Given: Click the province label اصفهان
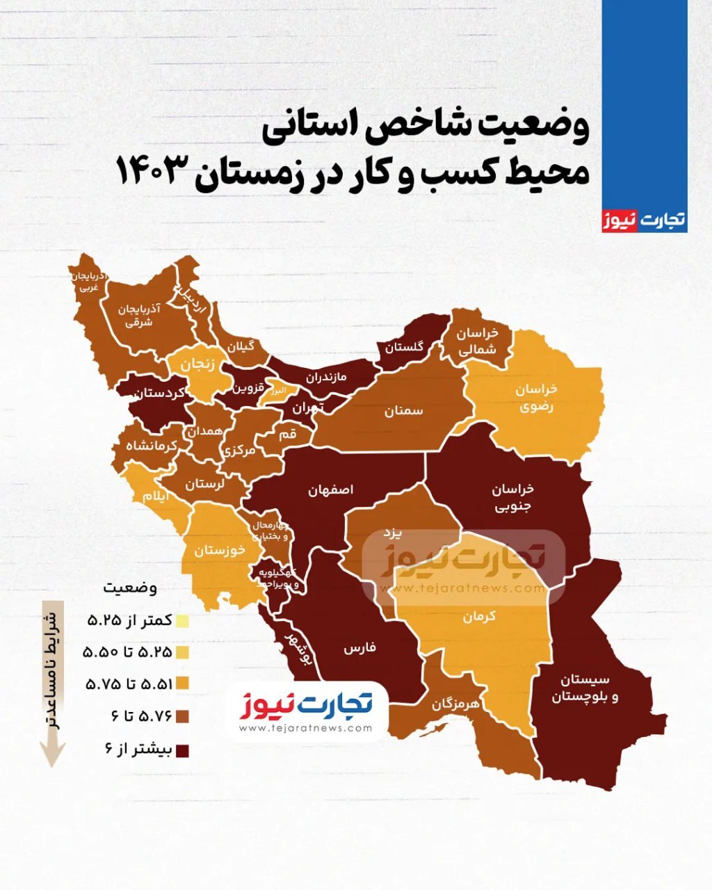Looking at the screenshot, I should point(331,490).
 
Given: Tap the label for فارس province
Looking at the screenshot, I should point(359,649).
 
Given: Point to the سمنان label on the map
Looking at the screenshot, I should point(404,411).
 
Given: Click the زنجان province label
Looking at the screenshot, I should point(197,364).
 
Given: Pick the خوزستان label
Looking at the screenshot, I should point(220,550).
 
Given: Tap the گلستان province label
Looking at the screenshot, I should point(405,348).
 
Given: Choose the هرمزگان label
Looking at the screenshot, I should point(455,703).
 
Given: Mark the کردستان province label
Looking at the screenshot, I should point(159,393).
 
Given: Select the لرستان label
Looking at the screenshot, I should point(204,484).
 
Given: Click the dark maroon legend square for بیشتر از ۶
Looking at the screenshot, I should point(183,751).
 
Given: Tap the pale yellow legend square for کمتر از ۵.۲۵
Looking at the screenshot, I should point(183,620).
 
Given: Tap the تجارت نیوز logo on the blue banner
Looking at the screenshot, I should point(643,220).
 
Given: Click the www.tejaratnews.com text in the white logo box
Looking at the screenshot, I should point(305,728).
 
